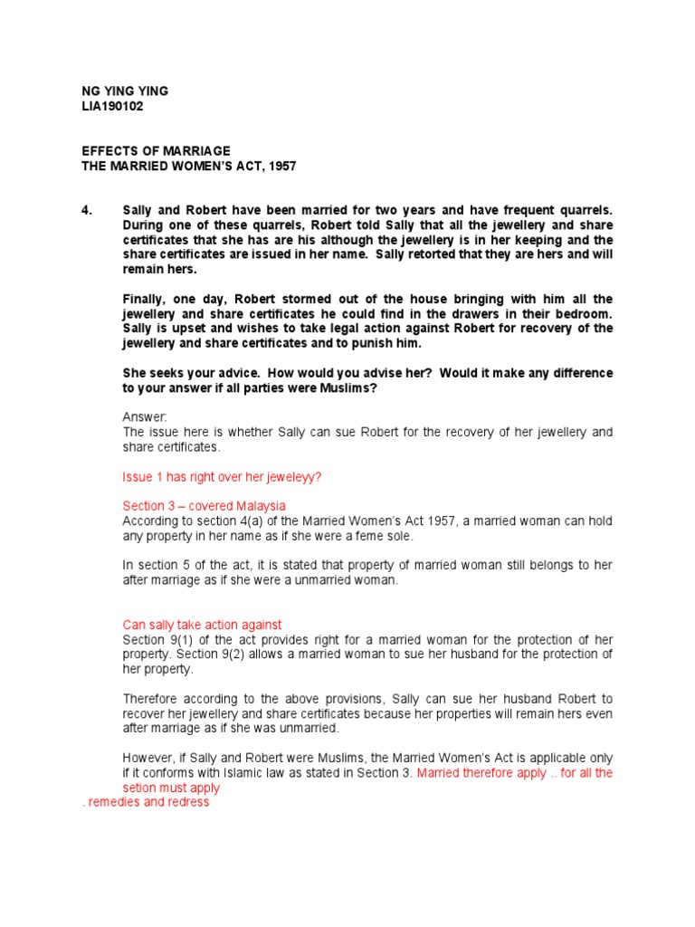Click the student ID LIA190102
coord(112,107)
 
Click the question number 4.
coord(87,211)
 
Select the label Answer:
coord(145,417)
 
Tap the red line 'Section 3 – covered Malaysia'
coord(204,505)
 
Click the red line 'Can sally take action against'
coord(202,625)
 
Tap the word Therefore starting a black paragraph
coord(153,699)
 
